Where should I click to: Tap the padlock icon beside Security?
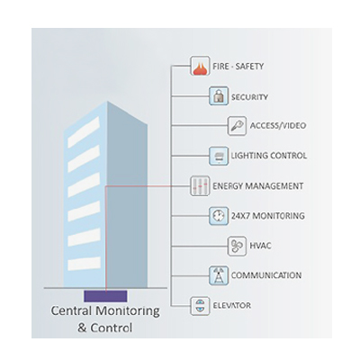(219, 96)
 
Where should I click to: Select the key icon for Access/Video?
(237, 126)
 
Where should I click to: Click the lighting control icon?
(219, 156)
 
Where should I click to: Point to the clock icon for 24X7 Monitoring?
(219, 216)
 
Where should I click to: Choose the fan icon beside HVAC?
(237, 246)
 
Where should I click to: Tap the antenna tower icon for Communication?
(219, 275)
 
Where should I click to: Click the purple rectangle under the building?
(105, 296)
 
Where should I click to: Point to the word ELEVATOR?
(231, 306)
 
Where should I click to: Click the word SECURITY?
(249, 97)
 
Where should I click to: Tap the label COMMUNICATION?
(266, 275)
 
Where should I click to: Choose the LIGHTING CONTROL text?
(269, 156)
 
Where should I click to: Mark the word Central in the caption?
(71, 310)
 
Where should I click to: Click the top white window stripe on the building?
(84, 132)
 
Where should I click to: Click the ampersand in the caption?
(82, 328)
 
